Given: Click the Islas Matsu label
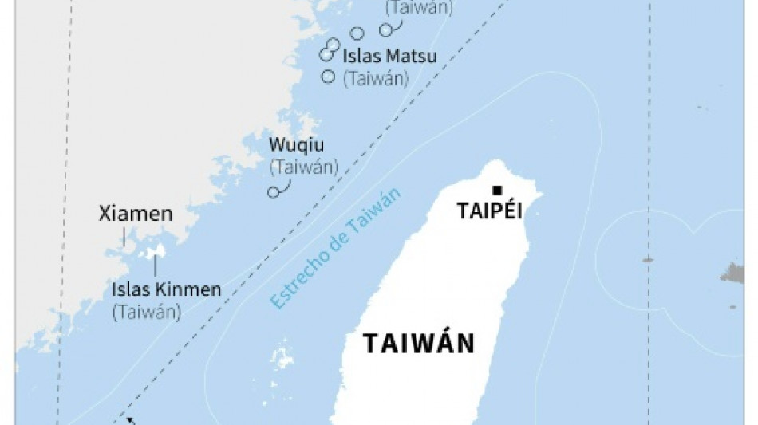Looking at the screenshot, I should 379,57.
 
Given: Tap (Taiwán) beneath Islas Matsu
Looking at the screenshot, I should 376,78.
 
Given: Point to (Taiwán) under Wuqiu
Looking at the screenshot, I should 304,167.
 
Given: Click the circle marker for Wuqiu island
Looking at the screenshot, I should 274,192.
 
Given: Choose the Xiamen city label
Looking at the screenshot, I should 136,214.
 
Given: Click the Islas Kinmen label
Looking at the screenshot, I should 167,289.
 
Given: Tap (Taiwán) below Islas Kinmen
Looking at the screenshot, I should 147,311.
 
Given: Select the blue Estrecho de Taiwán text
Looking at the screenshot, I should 335,249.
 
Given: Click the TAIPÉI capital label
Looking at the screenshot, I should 489,211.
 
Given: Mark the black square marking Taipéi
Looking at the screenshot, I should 497,190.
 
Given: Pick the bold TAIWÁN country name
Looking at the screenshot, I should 419,344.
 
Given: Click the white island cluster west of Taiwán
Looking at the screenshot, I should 282,356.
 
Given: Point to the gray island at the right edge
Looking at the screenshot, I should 733,273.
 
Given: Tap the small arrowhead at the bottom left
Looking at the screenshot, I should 130,420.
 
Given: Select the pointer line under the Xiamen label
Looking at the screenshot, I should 124,236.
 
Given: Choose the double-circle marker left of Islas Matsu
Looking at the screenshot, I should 326,53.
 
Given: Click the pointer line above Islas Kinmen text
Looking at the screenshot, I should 156,269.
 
